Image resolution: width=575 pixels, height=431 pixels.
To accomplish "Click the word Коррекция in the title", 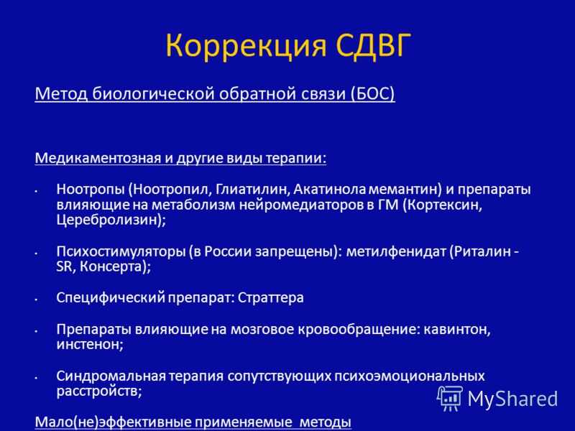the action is click(x=246, y=46).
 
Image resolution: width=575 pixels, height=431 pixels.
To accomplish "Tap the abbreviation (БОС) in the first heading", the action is click(x=372, y=94).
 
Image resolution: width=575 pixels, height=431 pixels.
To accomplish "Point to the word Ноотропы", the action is click(x=91, y=190).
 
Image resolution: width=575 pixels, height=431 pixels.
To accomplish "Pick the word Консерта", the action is click(x=115, y=267).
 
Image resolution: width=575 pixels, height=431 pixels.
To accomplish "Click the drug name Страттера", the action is click(x=271, y=297).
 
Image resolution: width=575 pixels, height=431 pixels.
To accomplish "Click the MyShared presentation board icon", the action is click(x=450, y=398).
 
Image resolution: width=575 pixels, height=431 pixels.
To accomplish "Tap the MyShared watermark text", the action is click(x=512, y=399).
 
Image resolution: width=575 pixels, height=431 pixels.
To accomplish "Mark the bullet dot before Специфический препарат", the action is click(x=37, y=299).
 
